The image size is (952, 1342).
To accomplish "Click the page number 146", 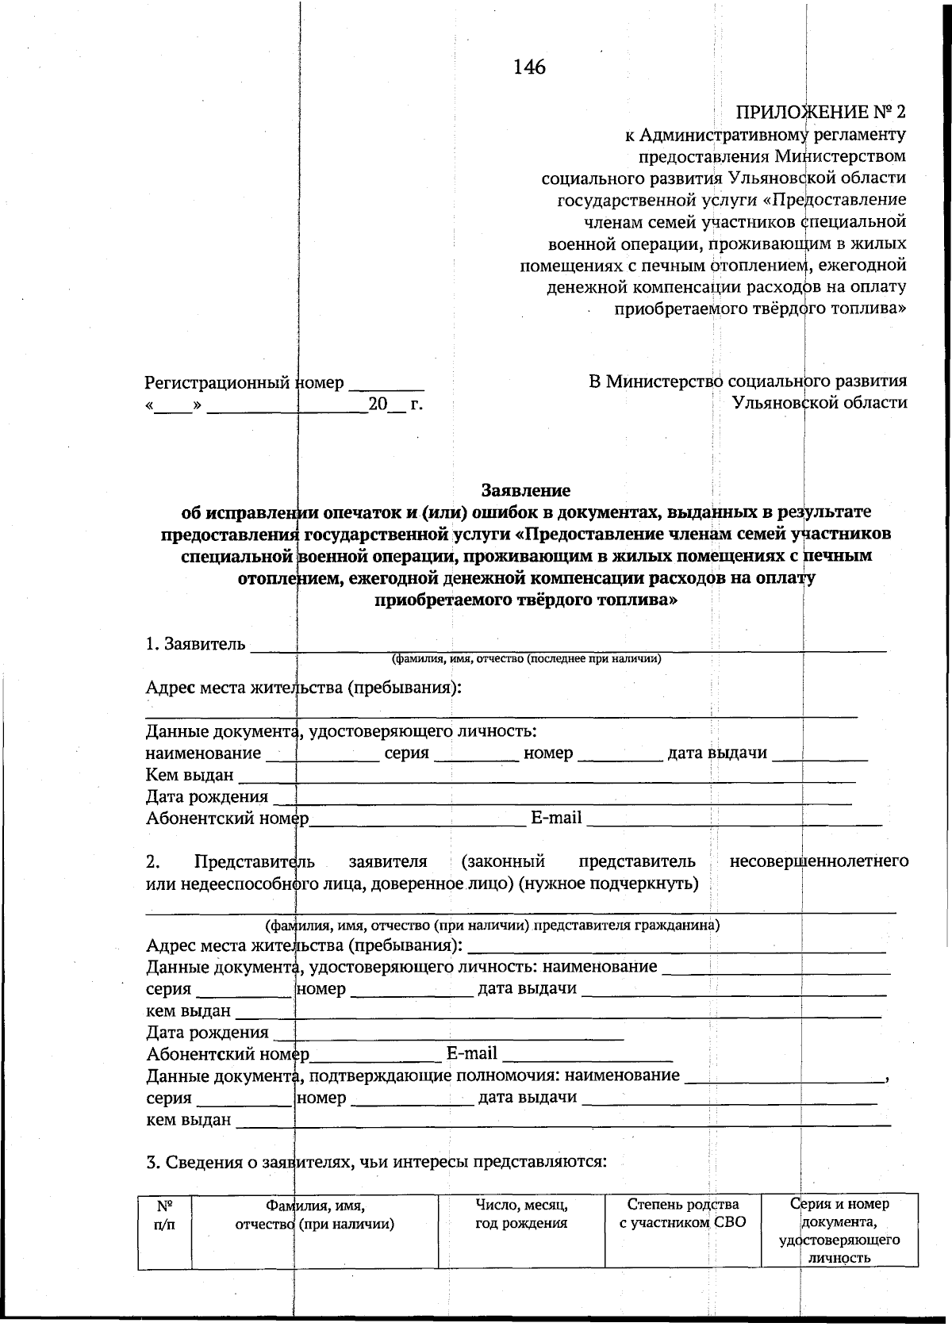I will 529,67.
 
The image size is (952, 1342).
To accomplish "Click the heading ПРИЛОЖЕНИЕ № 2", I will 820,110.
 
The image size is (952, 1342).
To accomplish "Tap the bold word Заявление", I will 526,490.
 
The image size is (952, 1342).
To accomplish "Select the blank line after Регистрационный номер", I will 386,387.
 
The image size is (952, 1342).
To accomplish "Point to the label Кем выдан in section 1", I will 190,775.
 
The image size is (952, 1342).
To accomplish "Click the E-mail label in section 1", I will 555,818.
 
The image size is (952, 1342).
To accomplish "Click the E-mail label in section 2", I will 471,1053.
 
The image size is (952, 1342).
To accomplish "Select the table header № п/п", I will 164,1214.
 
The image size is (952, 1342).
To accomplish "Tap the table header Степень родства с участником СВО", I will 682,1214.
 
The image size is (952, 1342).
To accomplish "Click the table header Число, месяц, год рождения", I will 521,1214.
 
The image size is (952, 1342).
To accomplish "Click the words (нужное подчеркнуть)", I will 608,884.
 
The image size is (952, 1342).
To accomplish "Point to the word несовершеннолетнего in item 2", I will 819,861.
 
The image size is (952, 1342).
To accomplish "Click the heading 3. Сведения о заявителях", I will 377,1163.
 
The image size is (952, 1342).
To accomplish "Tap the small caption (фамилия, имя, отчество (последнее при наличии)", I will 526,659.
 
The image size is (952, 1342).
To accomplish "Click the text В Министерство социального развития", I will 747,382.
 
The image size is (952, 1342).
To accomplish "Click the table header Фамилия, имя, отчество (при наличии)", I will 315,1214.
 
